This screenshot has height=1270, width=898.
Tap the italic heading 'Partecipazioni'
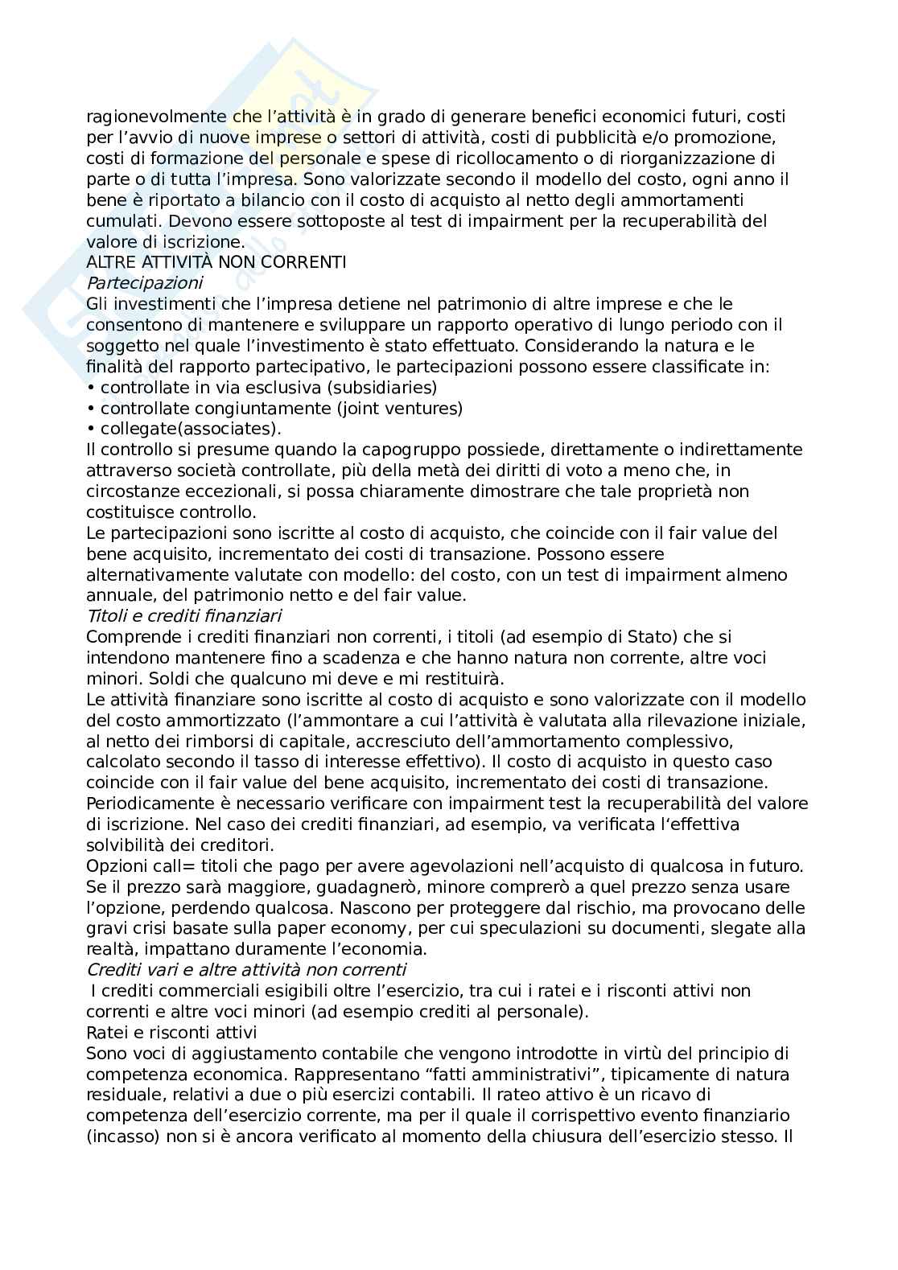(x=144, y=282)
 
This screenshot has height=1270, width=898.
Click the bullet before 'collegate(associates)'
(x=91, y=429)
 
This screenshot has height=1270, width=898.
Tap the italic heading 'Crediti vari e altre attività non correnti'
(x=246, y=969)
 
